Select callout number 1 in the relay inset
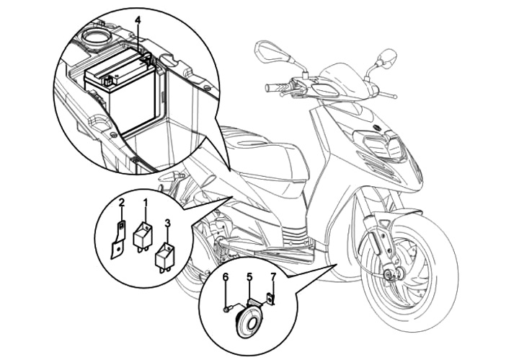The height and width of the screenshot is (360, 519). click(x=145, y=203)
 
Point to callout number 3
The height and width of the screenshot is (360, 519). click(x=167, y=224)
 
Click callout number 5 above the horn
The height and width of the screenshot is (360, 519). click(x=249, y=276)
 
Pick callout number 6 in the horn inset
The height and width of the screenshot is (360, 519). click(x=226, y=276)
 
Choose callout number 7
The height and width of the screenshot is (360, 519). click(x=272, y=276)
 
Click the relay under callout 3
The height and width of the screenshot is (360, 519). click(x=166, y=255)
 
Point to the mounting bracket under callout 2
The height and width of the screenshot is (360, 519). click(x=117, y=239)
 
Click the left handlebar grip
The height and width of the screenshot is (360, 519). click(x=276, y=88)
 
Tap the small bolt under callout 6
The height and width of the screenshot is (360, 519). click(x=228, y=309)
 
